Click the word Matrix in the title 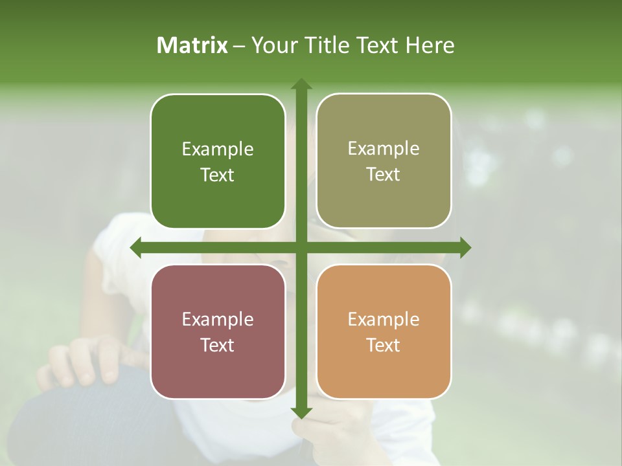(x=192, y=45)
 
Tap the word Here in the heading (x=430, y=45)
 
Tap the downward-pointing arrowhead (x=301, y=412)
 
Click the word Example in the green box (x=218, y=150)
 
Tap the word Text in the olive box (x=384, y=175)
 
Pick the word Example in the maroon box (x=218, y=320)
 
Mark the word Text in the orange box (x=384, y=345)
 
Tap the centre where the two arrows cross (x=301, y=248)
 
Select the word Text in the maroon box (x=218, y=345)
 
